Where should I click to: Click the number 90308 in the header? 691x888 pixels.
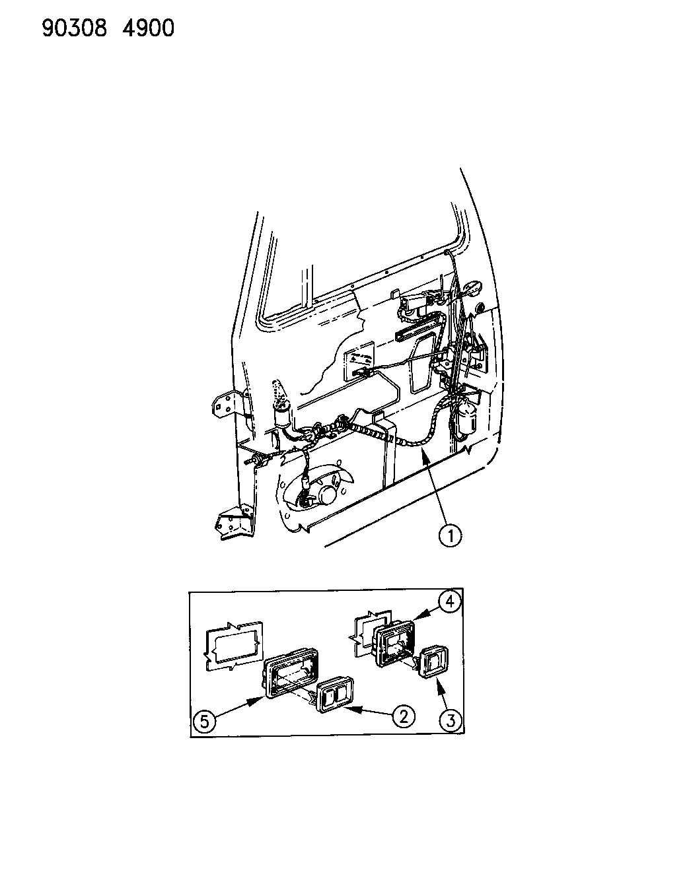coord(75,28)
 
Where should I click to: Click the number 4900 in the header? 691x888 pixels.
coord(148,28)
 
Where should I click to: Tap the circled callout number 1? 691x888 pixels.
coord(450,535)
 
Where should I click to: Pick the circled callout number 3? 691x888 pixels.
coord(450,720)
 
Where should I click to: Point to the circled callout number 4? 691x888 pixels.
coord(449,614)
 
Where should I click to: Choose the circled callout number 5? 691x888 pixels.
coord(204,722)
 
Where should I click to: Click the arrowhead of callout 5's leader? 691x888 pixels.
coord(260,699)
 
